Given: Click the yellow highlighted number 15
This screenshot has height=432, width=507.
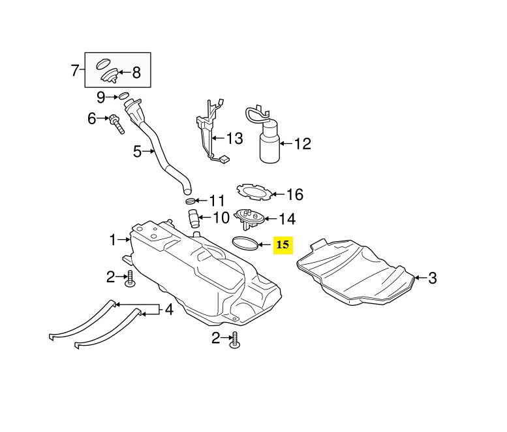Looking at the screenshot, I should [284, 245].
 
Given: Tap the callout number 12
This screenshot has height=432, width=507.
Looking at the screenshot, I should [303, 144].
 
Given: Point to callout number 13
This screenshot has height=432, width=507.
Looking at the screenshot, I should [234, 138].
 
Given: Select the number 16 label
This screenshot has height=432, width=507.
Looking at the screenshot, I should [295, 194].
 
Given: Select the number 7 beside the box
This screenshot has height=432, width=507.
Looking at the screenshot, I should [75, 70].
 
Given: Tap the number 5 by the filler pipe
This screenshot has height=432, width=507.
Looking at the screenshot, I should [138, 152].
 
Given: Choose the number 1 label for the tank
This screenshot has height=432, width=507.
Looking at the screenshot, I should [113, 240].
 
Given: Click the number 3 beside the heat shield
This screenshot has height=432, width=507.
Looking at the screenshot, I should [433, 278].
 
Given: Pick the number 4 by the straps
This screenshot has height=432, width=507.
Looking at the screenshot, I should [169, 309].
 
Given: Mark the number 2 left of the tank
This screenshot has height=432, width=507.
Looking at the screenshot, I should [111, 277].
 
